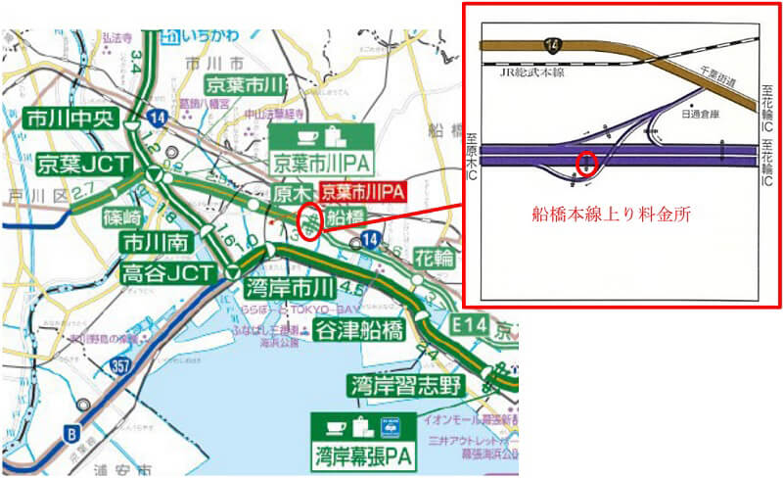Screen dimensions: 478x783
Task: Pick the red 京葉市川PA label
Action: (363, 191)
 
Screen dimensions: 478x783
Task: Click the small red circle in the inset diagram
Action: (586, 163)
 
